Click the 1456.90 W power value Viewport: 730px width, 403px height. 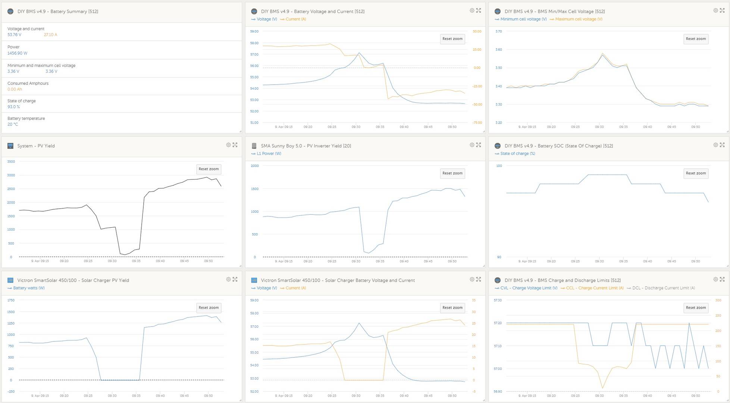click(x=17, y=53)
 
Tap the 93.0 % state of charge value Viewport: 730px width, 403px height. click(x=13, y=107)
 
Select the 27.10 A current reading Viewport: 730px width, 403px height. click(x=50, y=35)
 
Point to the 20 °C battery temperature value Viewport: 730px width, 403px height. click(x=13, y=125)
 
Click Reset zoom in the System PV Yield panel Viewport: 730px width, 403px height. click(x=209, y=169)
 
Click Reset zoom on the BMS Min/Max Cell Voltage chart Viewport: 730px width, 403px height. click(x=696, y=39)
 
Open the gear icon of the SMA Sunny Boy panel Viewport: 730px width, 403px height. click(x=472, y=145)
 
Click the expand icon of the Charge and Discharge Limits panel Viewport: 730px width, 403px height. click(x=722, y=279)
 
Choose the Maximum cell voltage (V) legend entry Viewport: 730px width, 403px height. click(x=576, y=19)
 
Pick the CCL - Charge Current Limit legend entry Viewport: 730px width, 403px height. click(x=592, y=288)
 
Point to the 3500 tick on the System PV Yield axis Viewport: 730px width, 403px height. click(x=11, y=162)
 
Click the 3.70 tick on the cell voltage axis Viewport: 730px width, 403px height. click(x=498, y=31)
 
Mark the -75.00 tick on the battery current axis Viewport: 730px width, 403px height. click(x=477, y=123)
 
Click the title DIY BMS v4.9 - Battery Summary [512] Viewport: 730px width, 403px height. click(x=58, y=12)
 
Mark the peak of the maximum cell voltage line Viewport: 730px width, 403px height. click(x=602, y=53)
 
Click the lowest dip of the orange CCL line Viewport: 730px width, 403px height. click(x=602, y=388)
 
